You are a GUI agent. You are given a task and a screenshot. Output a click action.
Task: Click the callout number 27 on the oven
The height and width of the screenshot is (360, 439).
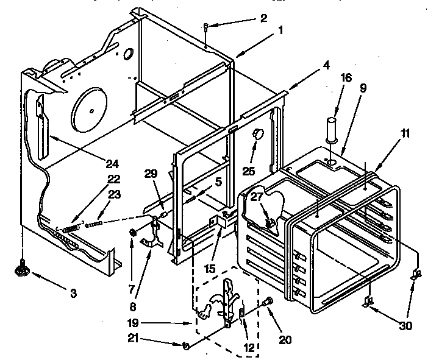point(257,196)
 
